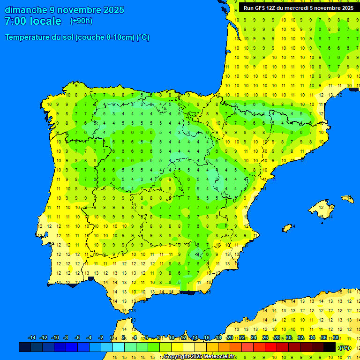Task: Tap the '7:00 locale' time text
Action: (33, 21)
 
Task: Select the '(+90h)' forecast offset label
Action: (81, 21)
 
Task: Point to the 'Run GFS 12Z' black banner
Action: (296, 8)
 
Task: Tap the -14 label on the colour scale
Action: (32, 338)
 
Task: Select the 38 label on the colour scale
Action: (336, 338)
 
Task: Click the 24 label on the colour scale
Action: (254, 338)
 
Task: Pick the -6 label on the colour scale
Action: (77, 338)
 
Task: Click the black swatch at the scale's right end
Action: (330, 347)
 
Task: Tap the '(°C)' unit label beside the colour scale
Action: (345, 347)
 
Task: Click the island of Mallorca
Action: (322, 207)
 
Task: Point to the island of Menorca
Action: (347, 199)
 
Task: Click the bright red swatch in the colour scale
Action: (271, 347)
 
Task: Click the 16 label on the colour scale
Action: (207, 338)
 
